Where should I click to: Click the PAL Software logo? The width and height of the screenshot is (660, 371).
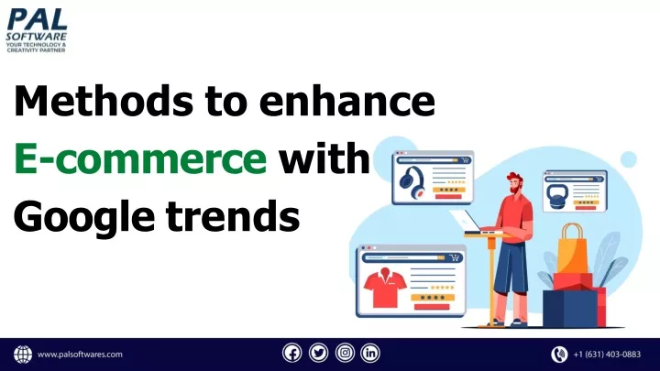point(37,30)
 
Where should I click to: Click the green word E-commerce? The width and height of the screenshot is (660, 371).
point(140,158)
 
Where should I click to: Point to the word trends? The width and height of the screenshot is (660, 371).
point(233,216)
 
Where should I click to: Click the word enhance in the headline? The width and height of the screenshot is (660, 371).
point(347,101)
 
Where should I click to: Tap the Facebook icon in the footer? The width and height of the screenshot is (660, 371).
point(292,354)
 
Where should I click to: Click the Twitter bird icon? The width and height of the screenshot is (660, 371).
point(319,354)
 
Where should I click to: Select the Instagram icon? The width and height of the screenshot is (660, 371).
point(345,354)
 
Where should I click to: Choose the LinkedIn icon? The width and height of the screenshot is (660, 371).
point(370,354)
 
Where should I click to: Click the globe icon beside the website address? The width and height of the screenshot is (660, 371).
point(23,355)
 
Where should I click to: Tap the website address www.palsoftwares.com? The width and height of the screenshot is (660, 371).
point(80,355)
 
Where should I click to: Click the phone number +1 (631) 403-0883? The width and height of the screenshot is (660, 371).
point(607,355)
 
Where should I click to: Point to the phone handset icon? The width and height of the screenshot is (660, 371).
point(559,355)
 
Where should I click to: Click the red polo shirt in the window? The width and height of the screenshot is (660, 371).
point(385,288)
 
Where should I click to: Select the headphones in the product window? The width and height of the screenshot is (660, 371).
point(412,182)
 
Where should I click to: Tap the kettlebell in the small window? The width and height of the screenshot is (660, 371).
point(557,196)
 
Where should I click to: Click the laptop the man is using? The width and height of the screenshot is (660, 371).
point(466,221)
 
